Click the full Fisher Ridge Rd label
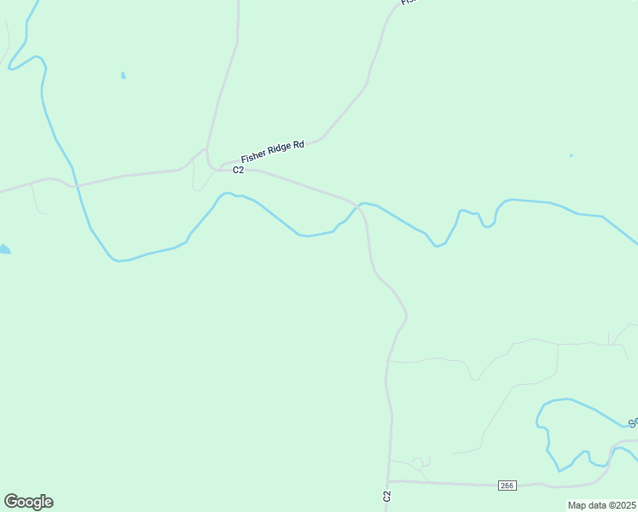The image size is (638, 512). (x=272, y=152)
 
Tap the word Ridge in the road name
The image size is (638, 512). (x=276, y=151)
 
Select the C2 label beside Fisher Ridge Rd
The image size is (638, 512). (x=239, y=170)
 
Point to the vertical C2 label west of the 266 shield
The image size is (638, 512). (x=386, y=496)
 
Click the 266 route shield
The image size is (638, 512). (x=507, y=486)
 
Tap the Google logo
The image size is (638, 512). (x=28, y=502)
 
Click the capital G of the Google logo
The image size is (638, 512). (x=11, y=501)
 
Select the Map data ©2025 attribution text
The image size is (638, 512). (x=600, y=505)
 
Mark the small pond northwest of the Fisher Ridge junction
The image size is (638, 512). (x=124, y=75)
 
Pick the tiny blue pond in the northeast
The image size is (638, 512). (x=571, y=155)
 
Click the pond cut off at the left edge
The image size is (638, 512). (x=4, y=249)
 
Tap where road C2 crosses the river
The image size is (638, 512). (x=358, y=206)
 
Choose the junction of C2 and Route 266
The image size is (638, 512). (x=390, y=481)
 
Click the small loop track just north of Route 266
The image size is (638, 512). (x=417, y=463)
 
